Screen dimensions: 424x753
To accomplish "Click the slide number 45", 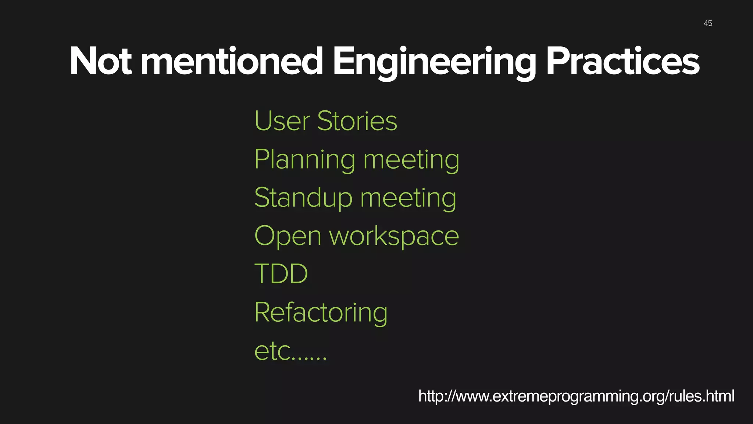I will pyautogui.click(x=708, y=24).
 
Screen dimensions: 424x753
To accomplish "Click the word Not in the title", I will pyautogui.click(x=100, y=61).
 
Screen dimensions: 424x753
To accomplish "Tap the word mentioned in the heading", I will pyautogui.click(x=232, y=61).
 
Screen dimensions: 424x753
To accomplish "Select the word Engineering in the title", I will pyautogui.click(x=434, y=63).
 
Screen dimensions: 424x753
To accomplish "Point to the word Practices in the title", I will pyautogui.click(x=622, y=61).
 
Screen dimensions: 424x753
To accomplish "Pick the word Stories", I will pyautogui.click(x=357, y=121).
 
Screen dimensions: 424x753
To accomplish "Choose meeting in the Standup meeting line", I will pyautogui.click(x=408, y=199).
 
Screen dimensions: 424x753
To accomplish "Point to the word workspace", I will pyautogui.click(x=394, y=237).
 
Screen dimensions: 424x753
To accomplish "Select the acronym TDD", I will pyautogui.click(x=281, y=274).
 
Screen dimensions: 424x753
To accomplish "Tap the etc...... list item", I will pyautogui.click(x=290, y=351).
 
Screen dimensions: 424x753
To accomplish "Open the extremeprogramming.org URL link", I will pyautogui.click(x=576, y=396).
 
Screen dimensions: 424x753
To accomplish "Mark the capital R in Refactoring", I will pyautogui.click(x=263, y=312).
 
